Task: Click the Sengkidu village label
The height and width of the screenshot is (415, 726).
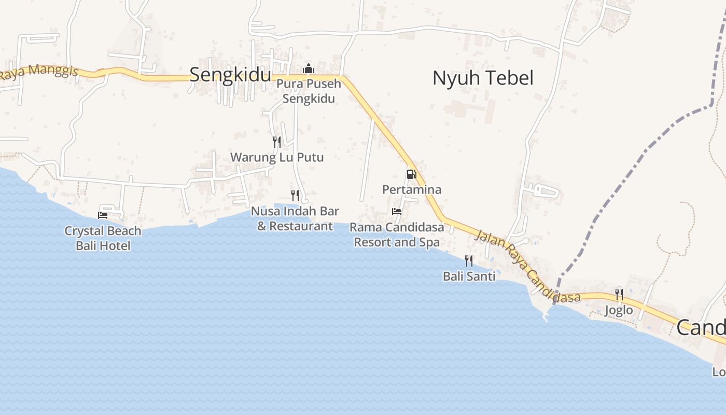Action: click(x=230, y=75)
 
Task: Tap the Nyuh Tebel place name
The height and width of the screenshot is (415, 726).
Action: click(x=483, y=78)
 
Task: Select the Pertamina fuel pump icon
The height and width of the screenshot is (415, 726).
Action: click(x=411, y=174)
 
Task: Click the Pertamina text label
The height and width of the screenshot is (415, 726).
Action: click(x=412, y=189)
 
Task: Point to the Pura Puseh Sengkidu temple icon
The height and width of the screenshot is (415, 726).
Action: click(x=309, y=68)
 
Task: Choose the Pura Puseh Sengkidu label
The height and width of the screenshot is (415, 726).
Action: click(x=309, y=91)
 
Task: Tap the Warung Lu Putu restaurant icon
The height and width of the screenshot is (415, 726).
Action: click(x=277, y=142)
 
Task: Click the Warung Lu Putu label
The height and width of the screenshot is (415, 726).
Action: click(x=277, y=157)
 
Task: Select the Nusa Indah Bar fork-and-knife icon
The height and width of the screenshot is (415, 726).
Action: click(x=295, y=196)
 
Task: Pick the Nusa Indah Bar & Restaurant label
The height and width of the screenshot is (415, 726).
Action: click(x=295, y=218)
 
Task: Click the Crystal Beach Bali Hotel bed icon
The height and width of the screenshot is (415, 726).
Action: click(x=103, y=215)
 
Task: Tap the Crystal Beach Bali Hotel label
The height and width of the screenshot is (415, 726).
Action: click(x=103, y=238)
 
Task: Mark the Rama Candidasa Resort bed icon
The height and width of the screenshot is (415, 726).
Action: click(x=397, y=212)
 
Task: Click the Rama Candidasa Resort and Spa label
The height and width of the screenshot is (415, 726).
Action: click(x=397, y=234)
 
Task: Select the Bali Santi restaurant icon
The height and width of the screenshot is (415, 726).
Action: click(x=469, y=260)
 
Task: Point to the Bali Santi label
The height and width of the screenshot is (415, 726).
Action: click(x=469, y=276)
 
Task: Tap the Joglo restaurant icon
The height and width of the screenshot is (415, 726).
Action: click(x=619, y=295)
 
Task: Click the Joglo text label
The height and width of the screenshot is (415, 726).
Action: click(x=619, y=310)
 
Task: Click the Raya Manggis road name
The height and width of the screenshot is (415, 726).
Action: click(x=39, y=72)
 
